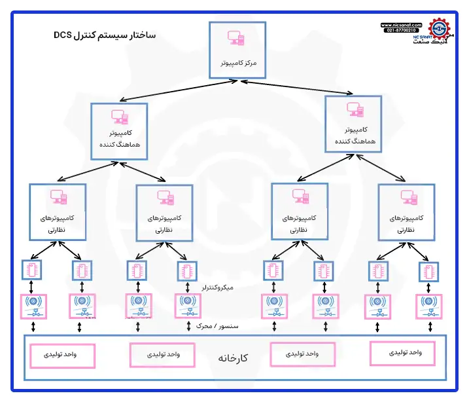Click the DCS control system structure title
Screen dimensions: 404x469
[105, 35]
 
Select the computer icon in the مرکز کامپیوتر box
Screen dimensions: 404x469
[236, 39]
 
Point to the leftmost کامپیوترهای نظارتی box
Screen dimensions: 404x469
[58, 211]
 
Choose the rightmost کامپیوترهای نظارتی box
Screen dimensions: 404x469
[406, 211]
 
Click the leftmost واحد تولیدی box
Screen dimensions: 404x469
[61, 354]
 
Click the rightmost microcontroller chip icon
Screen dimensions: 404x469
[429, 270]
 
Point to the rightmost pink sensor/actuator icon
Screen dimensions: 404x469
[430, 305]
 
